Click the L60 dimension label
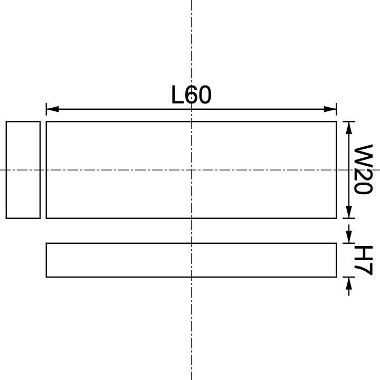[191, 96]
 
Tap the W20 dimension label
[363, 169]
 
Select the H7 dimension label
[364, 260]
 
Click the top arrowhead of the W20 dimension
[348, 127]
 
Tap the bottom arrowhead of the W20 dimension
[348, 212]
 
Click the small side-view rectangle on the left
[23, 169]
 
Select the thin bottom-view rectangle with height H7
[191, 260]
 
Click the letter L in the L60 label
[177, 96]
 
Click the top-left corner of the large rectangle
[46, 122]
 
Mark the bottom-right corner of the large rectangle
[336, 217]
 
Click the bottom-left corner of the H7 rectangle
[46, 277]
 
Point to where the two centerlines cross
[191, 169]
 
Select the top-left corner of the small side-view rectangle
[6, 122]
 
